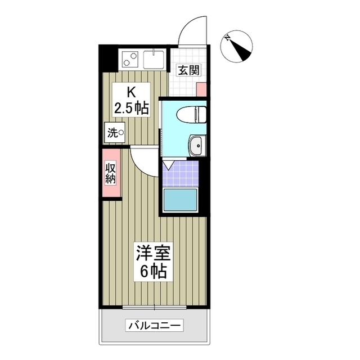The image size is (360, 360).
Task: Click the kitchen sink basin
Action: point(153,58)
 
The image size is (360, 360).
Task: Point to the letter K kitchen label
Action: point(130,92)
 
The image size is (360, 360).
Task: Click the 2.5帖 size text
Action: point(131,108)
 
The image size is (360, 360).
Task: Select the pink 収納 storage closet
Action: point(111,173)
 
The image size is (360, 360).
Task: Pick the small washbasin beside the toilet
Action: point(197,146)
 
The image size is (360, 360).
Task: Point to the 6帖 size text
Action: point(152,271)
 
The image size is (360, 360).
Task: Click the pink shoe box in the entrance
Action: point(201,89)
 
